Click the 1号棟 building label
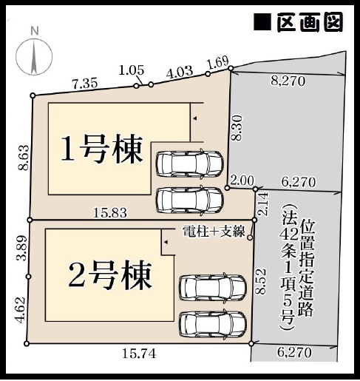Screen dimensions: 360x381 point(101,149)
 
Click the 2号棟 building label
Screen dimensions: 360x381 point(109,275)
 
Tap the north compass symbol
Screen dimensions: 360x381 point(34,53)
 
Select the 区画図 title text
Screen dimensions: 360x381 point(310,22)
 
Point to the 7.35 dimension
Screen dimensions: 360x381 point(84,84)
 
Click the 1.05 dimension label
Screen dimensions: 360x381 point(132,70)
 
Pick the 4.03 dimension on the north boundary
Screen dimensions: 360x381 point(180,73)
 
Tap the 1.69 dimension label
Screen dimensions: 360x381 point(218,62)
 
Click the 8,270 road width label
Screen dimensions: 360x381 point(288,81)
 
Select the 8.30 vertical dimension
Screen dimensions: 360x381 point(237,128)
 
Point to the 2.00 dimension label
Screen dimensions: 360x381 point(242,181)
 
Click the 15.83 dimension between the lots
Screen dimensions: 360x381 point(110,212)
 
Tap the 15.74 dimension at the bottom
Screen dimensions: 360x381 point(139,354)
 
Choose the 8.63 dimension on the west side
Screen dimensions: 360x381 point(24,158)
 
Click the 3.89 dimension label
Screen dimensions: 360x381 point(21,248)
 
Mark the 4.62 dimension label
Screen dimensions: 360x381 point(19,309)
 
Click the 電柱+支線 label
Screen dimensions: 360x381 point(214,232)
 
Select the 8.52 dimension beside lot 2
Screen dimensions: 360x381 point(261,281)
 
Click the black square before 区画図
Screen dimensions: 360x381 point(262,22)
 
